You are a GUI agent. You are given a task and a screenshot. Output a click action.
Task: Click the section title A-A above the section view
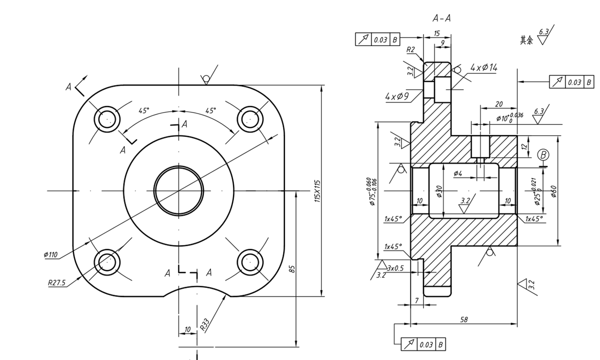[441, 18]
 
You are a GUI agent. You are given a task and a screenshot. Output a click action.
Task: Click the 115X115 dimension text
[316, 190]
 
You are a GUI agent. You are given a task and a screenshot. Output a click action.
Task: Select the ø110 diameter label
[51, 255]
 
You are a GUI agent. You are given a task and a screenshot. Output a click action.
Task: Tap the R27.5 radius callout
[56, 282]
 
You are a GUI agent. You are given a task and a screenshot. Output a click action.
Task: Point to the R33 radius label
[204, 324]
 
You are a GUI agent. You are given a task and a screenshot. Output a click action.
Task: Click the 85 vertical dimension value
[292, 269]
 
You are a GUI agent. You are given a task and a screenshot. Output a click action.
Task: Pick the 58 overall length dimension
[463, 319]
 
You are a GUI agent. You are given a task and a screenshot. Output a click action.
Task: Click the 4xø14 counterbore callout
[483, 67]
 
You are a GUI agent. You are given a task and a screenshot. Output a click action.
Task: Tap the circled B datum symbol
[543, 155]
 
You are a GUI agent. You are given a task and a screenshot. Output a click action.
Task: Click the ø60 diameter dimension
[553, 191]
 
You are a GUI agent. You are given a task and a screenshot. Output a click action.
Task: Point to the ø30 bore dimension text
[439, 191]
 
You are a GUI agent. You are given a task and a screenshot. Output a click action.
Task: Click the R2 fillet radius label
[410, 49]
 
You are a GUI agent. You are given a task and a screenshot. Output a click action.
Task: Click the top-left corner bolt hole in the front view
[107, 119]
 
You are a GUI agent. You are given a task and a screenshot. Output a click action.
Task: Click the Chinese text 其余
[526, 40]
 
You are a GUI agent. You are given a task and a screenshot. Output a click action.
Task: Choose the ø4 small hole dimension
[458, 173]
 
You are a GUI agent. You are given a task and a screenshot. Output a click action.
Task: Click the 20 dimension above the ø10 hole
[498, 104]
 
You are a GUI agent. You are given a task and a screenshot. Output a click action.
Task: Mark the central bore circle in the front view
[178, 190]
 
